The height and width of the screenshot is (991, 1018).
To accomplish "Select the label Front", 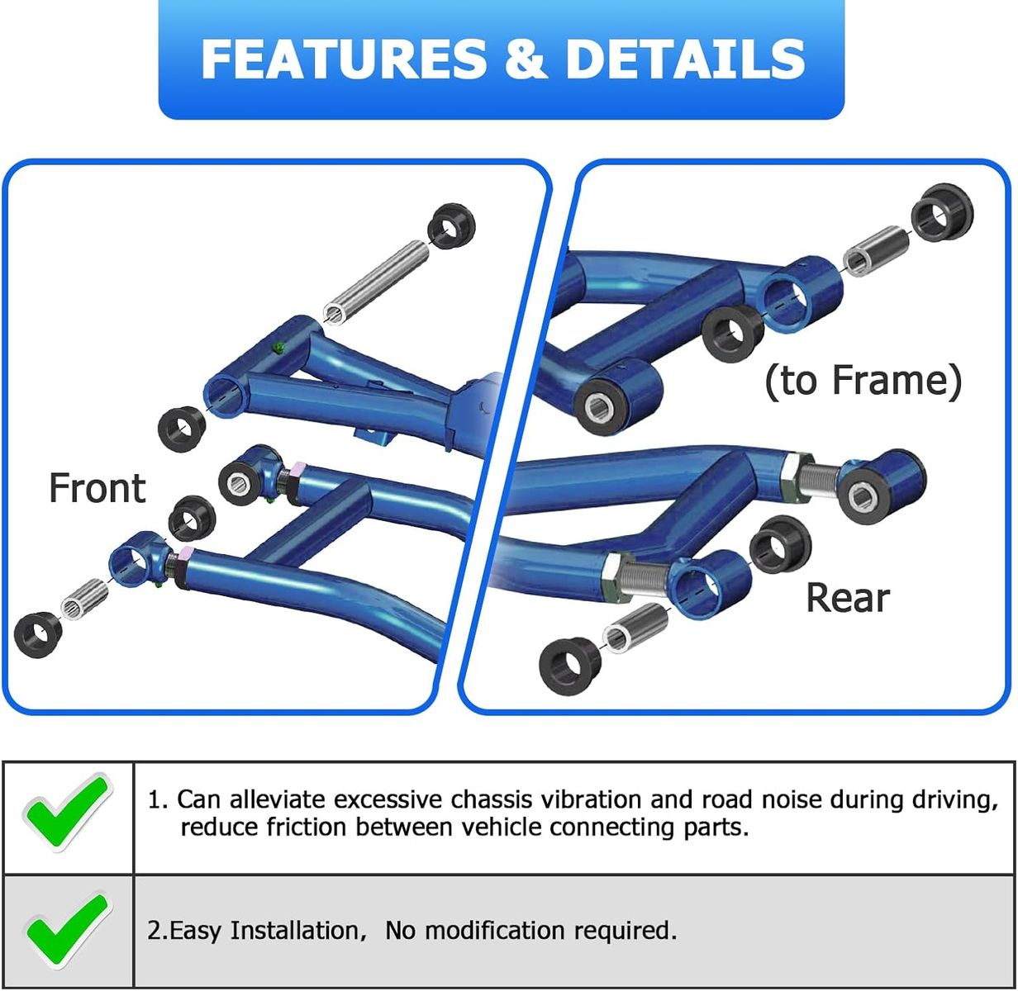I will coord(97,488).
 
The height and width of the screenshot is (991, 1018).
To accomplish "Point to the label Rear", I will coord(847,597).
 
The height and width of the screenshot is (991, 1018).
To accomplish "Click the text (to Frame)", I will coord(863,381).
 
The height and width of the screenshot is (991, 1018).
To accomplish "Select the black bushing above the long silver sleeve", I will coord(453,224).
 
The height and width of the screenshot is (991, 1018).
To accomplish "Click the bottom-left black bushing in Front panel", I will coord(38,635).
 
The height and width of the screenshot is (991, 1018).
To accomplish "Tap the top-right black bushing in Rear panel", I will coord(942,213).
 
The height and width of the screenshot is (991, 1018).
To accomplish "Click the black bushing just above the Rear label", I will coord(780,544).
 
